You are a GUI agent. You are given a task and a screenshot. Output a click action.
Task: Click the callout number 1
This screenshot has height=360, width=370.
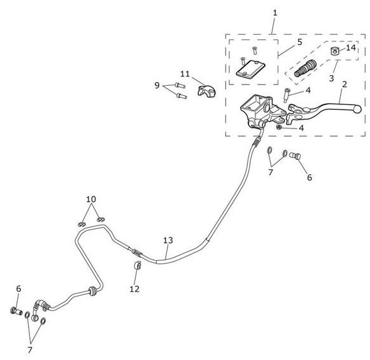pos(275,13)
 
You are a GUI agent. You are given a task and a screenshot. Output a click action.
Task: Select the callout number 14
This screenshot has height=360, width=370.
pos(351,48)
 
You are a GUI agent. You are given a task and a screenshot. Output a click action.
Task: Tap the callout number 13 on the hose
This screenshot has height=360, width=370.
pos(168,240)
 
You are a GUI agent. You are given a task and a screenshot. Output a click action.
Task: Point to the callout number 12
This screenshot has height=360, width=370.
pos(134,289)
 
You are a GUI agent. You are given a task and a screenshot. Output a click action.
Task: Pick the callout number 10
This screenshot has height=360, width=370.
pos(91,199)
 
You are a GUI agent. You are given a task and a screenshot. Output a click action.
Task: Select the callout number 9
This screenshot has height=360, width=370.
pos(157,85)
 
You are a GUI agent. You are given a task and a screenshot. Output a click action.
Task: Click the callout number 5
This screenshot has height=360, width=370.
pos(300,42)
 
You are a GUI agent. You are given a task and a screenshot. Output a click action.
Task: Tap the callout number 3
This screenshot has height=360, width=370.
pos(332,78)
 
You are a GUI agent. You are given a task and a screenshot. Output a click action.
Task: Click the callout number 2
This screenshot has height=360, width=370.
pos(345,84)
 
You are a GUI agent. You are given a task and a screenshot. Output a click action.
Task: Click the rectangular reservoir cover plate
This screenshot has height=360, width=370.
pos(251,69)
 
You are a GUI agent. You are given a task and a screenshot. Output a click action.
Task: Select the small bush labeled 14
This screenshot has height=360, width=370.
pos(334,51)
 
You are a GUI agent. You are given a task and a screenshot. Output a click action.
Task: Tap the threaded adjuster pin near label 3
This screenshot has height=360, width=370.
pos(305,68)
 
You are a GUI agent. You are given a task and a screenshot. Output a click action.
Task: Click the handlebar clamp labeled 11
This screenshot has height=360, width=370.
pos(206,92)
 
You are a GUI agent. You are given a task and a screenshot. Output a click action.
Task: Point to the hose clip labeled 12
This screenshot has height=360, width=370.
pos(138,265)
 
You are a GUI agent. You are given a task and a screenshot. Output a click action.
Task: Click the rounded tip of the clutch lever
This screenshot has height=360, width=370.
pos(358,109)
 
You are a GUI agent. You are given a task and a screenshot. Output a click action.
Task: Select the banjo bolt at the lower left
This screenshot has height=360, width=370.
pos(17,311)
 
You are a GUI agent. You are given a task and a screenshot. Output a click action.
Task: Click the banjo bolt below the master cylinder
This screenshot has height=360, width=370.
pos(295,155)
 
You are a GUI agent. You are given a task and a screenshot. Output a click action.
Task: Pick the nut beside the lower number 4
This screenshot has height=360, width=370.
pos(279,127)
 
